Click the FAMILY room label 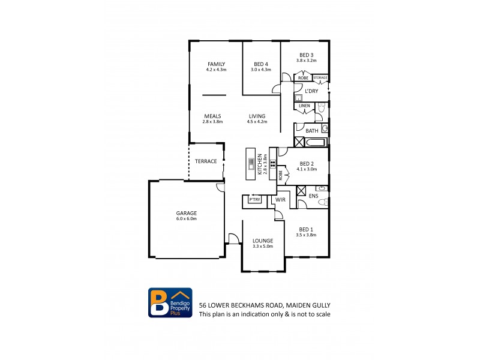[x=216, y=64]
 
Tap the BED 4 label [x=260, y=64]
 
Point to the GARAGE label [x=186, y=213]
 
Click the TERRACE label [x=205, y=161]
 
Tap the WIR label [x=280, y=199]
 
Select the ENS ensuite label [x=313, y=196]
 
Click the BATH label [x=312, y=131]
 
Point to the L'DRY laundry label [x=311, y=91]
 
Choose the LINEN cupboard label [x=304, y=106]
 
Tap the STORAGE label [x=320, y=77]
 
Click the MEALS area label [x=213, y=116]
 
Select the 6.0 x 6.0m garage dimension [x=186, y=219]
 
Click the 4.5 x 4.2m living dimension [x=256, y=122]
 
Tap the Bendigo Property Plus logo [x=170, y=303]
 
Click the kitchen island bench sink [x=251, y=161]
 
